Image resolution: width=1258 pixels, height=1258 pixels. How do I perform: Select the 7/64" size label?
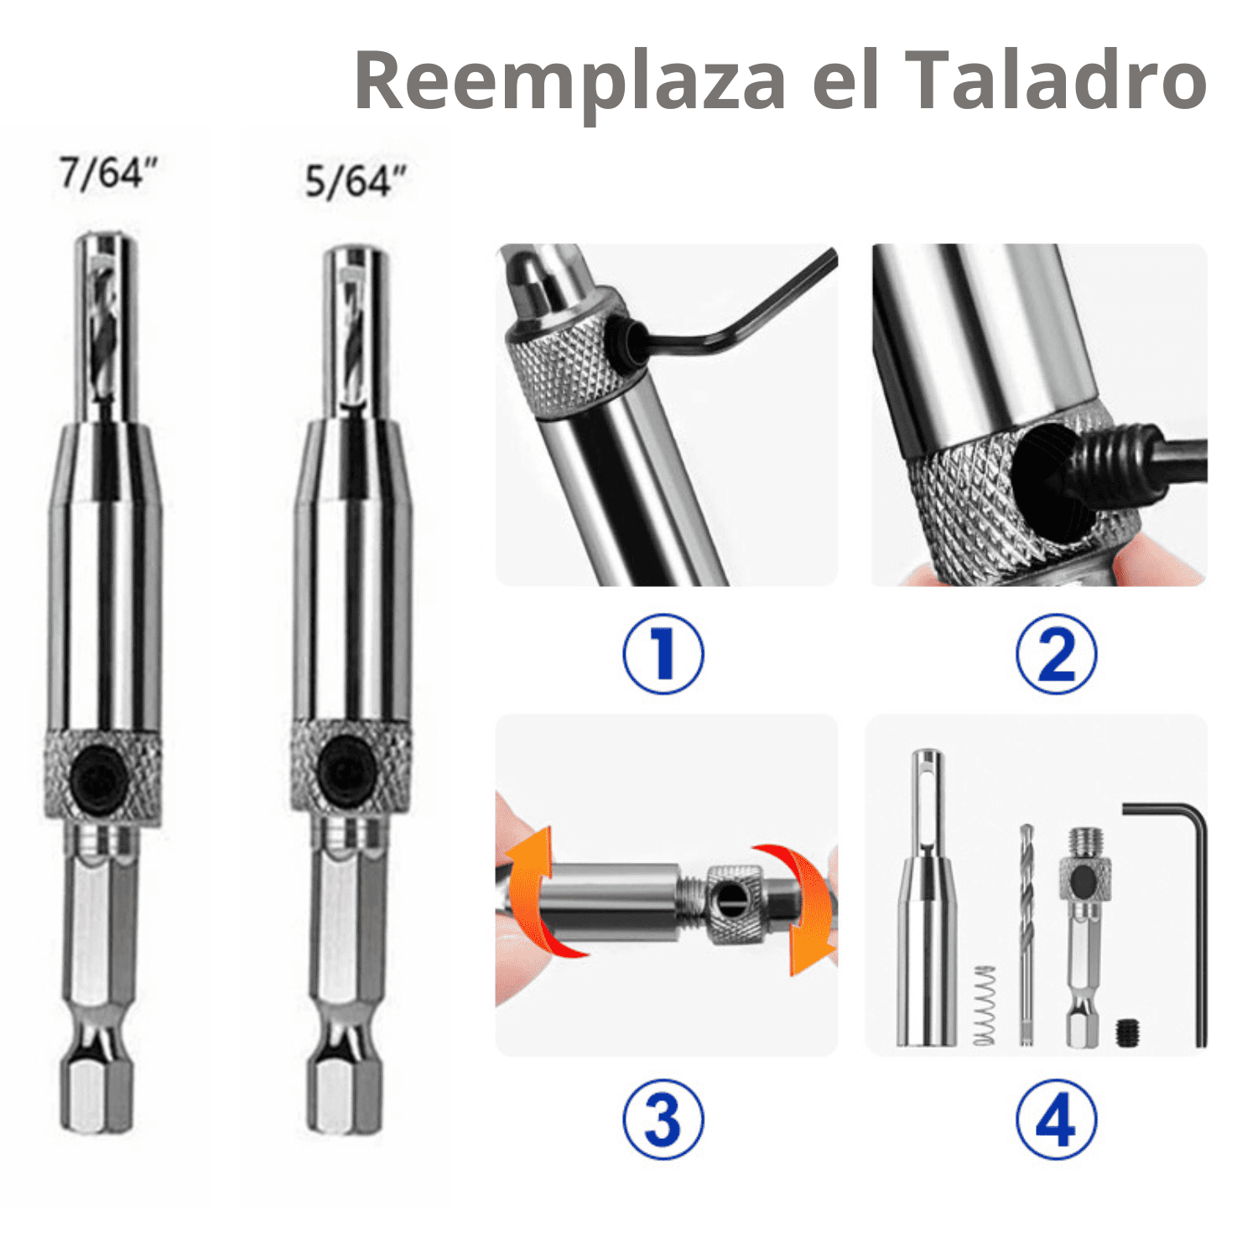(108, 173)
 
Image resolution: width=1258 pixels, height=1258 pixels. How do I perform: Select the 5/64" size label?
(355, 181)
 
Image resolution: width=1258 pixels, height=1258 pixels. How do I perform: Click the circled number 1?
(663, 654)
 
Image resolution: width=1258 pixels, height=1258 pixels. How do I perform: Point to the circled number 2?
(1056, 654)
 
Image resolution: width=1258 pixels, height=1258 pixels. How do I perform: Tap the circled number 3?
(663, 1120)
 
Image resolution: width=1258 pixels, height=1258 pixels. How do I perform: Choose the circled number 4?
(1056, 1120)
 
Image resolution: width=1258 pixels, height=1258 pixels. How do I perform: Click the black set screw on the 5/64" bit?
(346, 770)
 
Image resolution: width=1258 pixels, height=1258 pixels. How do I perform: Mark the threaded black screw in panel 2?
(1115, 457)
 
